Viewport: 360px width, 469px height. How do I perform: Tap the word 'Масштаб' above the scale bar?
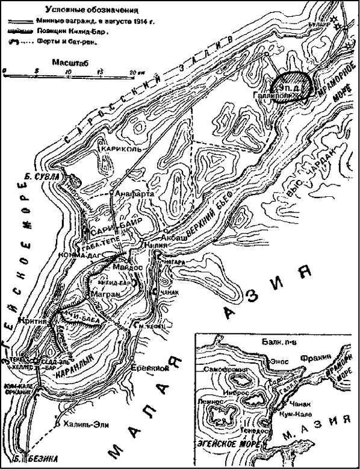(68, 62)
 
